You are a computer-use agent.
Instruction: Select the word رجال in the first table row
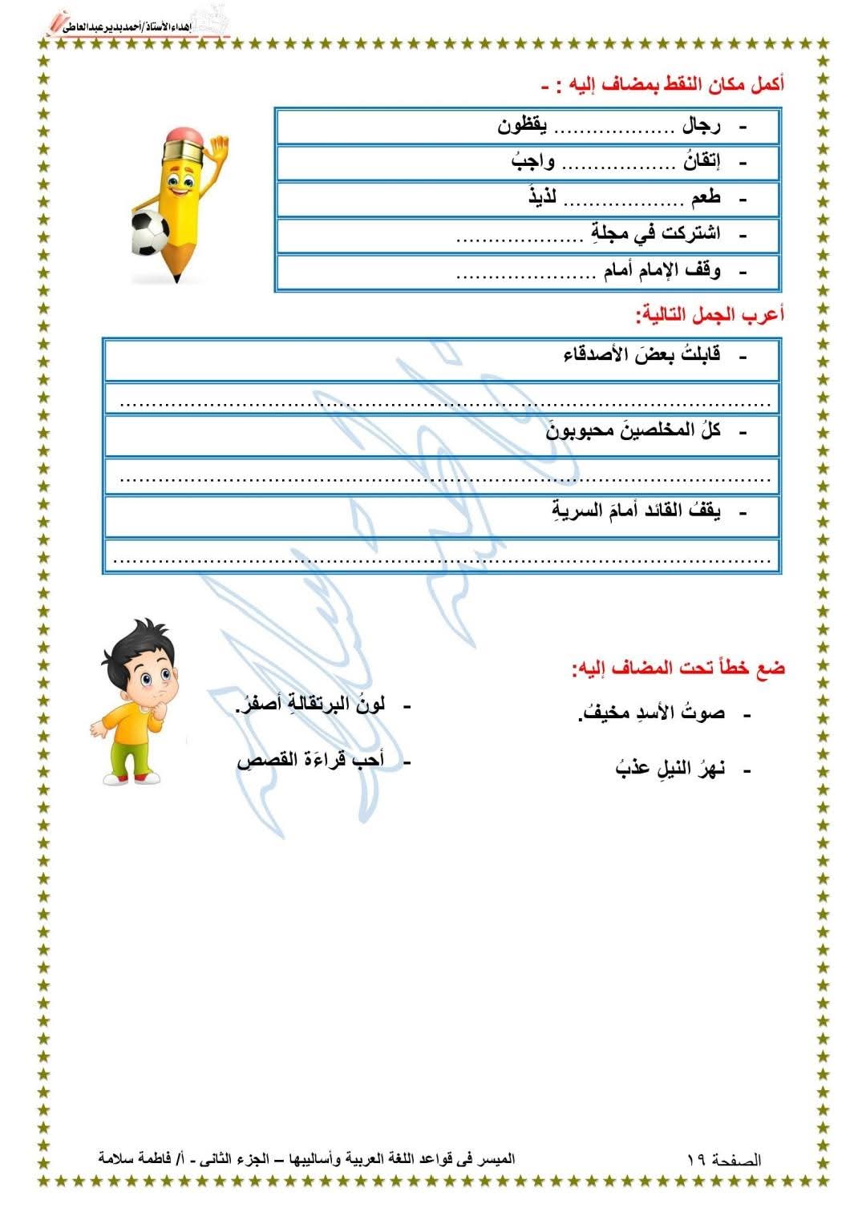(x=702, y=126)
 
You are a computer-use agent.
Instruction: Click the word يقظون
(x=523, y=126)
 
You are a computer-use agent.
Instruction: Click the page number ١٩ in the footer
(x=696, y=1159)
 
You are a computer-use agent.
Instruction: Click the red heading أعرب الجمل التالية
(x=709, y=315)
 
